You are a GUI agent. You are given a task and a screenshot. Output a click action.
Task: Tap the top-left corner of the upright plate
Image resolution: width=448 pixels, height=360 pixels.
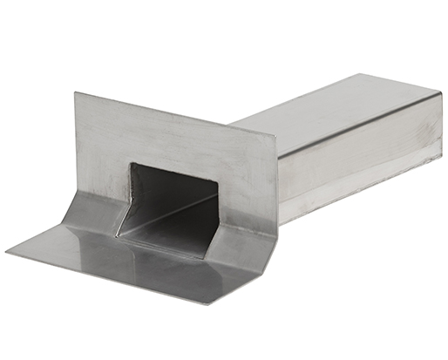click(75, 94)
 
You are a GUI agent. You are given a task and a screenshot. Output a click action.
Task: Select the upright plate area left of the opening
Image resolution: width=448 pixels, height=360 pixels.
click(100, 157)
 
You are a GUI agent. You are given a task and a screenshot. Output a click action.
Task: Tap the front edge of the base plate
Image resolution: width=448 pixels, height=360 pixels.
click(105, 279)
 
